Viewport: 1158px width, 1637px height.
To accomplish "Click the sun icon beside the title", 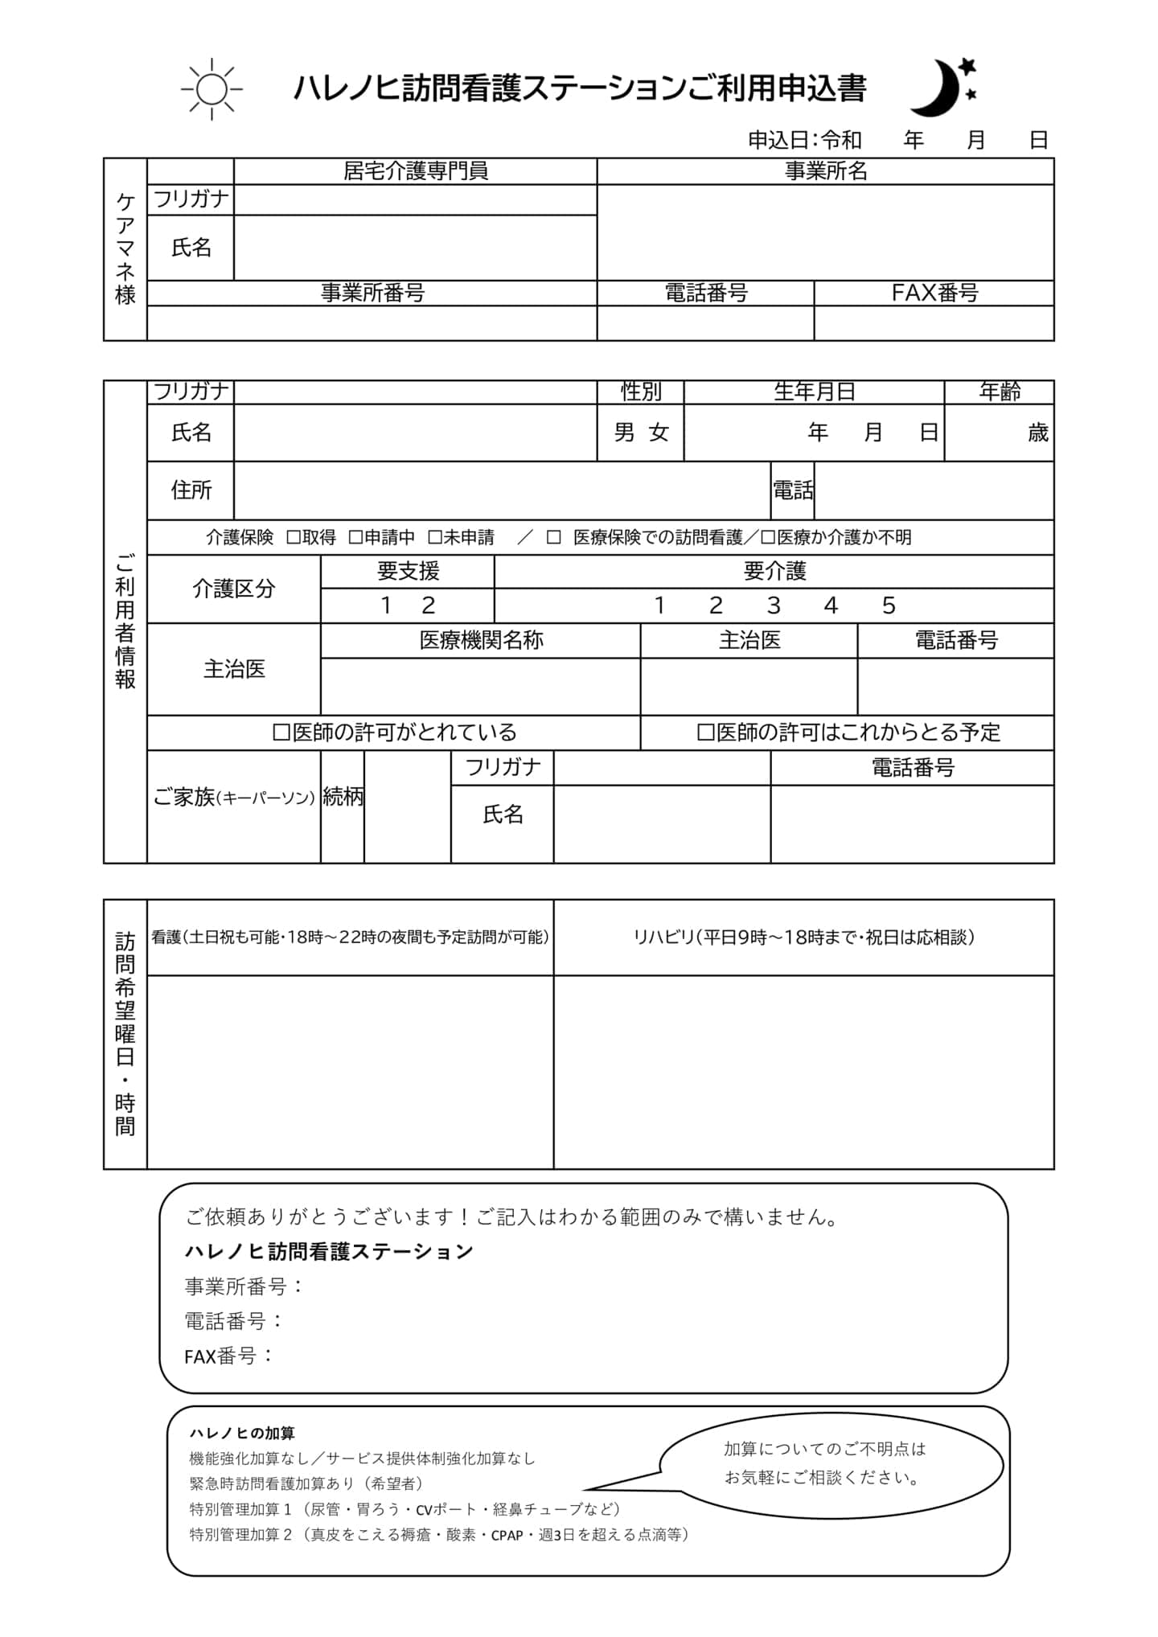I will [x=211, y=89].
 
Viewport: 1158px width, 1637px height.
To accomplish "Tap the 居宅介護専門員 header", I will [x=415, y=171].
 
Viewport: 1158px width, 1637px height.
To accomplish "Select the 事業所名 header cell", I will [x=825, y=171].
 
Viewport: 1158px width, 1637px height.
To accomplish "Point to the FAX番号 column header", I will [x=934, y=293].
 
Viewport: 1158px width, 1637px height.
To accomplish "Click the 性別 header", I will [x=640, y=392].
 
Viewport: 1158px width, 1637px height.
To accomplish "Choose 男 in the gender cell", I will [x=624, y=433].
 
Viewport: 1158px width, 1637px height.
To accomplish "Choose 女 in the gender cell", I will [x=659, y=433].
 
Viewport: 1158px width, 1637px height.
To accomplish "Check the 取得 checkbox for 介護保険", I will [x=294, y=537].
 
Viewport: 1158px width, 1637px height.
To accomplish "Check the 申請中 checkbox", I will [x=355, y=537].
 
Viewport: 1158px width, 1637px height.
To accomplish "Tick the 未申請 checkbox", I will [x=435, y=537].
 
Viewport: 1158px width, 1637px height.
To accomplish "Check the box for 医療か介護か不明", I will [x=768, y=537].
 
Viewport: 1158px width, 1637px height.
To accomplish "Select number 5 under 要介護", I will [x=888, y=605].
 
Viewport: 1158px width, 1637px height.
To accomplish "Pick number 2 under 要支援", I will [x=429, y=605].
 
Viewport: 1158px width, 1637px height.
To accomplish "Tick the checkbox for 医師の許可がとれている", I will [x=281, y=732].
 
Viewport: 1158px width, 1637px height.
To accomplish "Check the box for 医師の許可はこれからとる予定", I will [x=705, y=732].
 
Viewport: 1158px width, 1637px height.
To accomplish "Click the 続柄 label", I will [x=343, y=797].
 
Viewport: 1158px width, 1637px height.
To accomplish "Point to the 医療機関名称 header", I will [x=481, y=641].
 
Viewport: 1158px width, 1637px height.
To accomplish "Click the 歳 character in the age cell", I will [x=1037, y=433].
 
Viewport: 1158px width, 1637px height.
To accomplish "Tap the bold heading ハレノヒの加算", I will [x=242, y=1433].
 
